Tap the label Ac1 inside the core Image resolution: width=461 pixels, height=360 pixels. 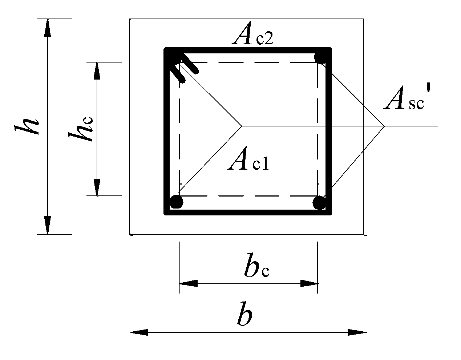(248, 162)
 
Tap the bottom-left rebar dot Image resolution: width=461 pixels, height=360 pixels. (176, 202)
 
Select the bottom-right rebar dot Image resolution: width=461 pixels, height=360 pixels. (319, 202)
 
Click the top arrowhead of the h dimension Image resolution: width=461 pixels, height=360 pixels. (47, 28)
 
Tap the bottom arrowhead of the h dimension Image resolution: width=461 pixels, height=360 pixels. (47, 225)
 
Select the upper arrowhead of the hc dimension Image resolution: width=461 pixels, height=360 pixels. (97, 70)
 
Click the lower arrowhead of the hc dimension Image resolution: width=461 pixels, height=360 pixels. (97, 187)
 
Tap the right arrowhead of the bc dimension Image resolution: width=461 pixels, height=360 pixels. (310, 283)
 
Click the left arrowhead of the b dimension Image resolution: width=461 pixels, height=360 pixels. (139, 332)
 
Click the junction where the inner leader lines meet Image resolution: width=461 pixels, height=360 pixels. (242, 126)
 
